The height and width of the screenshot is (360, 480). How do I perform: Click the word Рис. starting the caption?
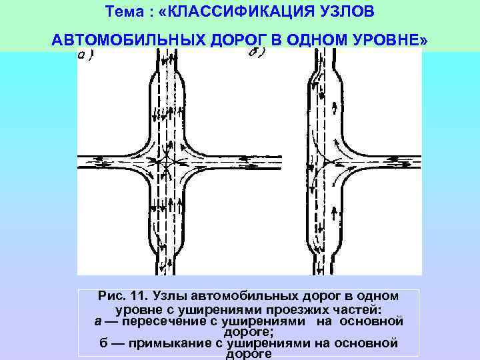pos(111,295)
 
